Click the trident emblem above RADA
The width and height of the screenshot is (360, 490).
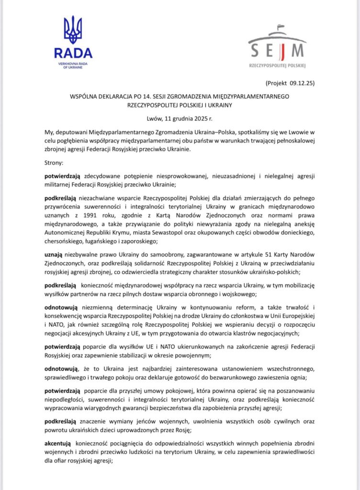73,30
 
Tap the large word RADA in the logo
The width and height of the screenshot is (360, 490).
73,53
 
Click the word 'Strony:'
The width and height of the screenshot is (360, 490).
57,163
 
